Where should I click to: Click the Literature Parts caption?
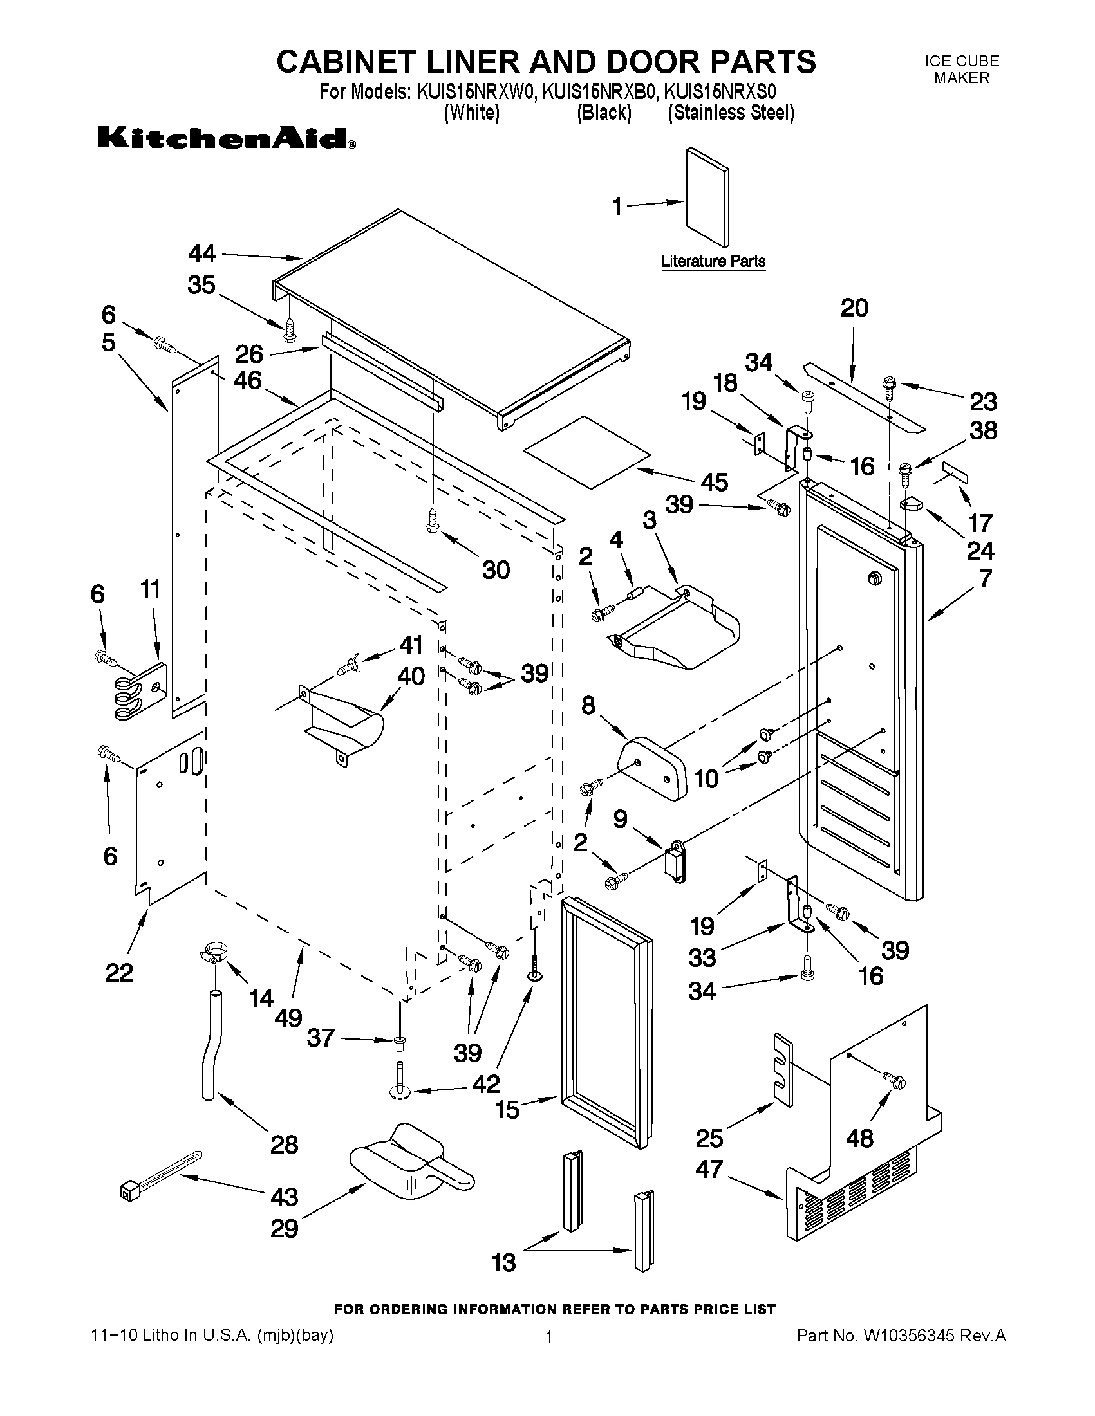(713, 261)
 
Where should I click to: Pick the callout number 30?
(496, 569)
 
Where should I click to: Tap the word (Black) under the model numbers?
(604, 113)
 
